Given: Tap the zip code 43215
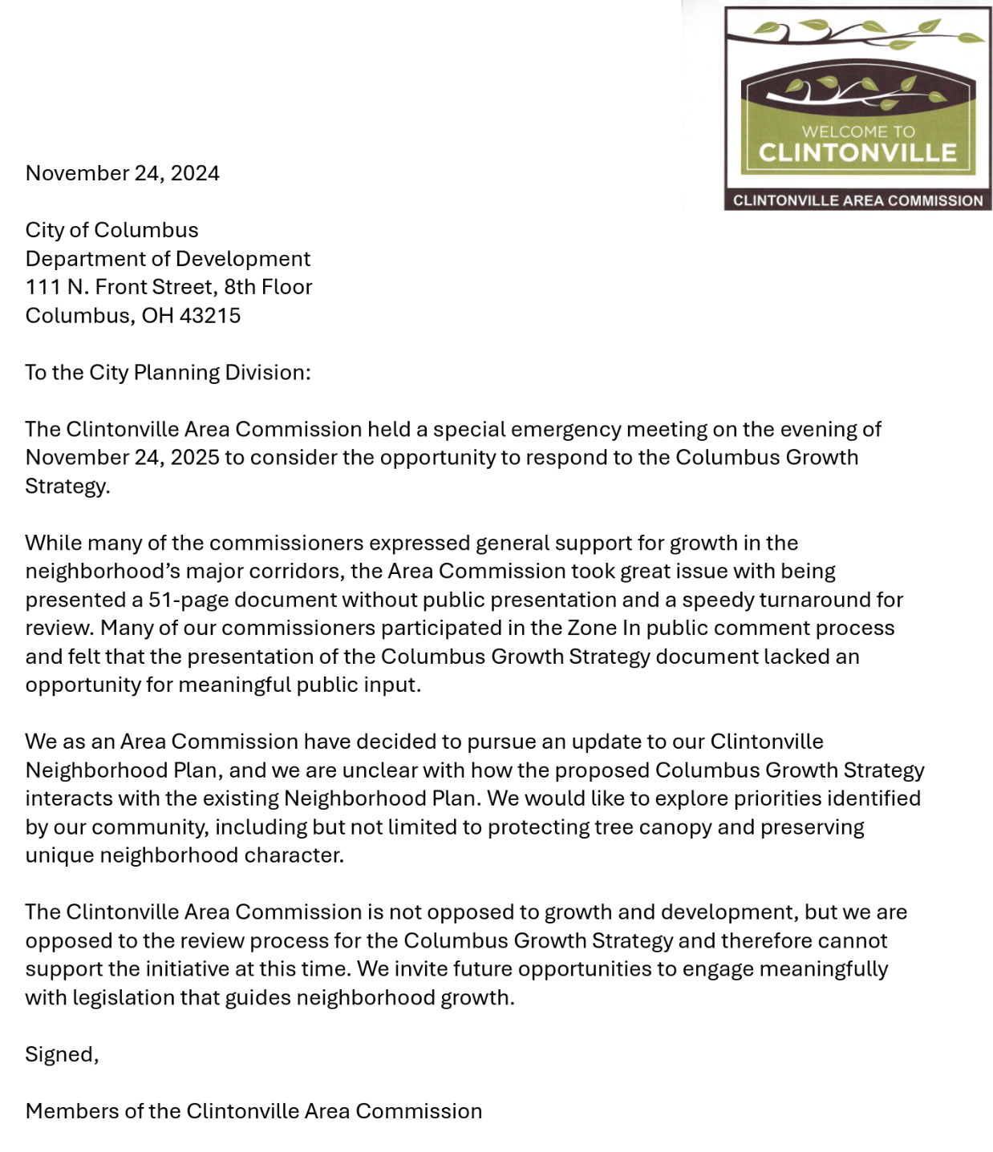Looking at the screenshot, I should coord(210,316).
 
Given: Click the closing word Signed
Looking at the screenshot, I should coord(60,1055).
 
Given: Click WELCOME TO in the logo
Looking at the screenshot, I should coord(857,131).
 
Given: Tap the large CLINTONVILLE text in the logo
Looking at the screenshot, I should coord(857,152).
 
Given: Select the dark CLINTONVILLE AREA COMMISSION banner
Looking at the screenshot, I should coord(857,200).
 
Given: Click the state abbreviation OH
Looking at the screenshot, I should coord(157,316).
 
